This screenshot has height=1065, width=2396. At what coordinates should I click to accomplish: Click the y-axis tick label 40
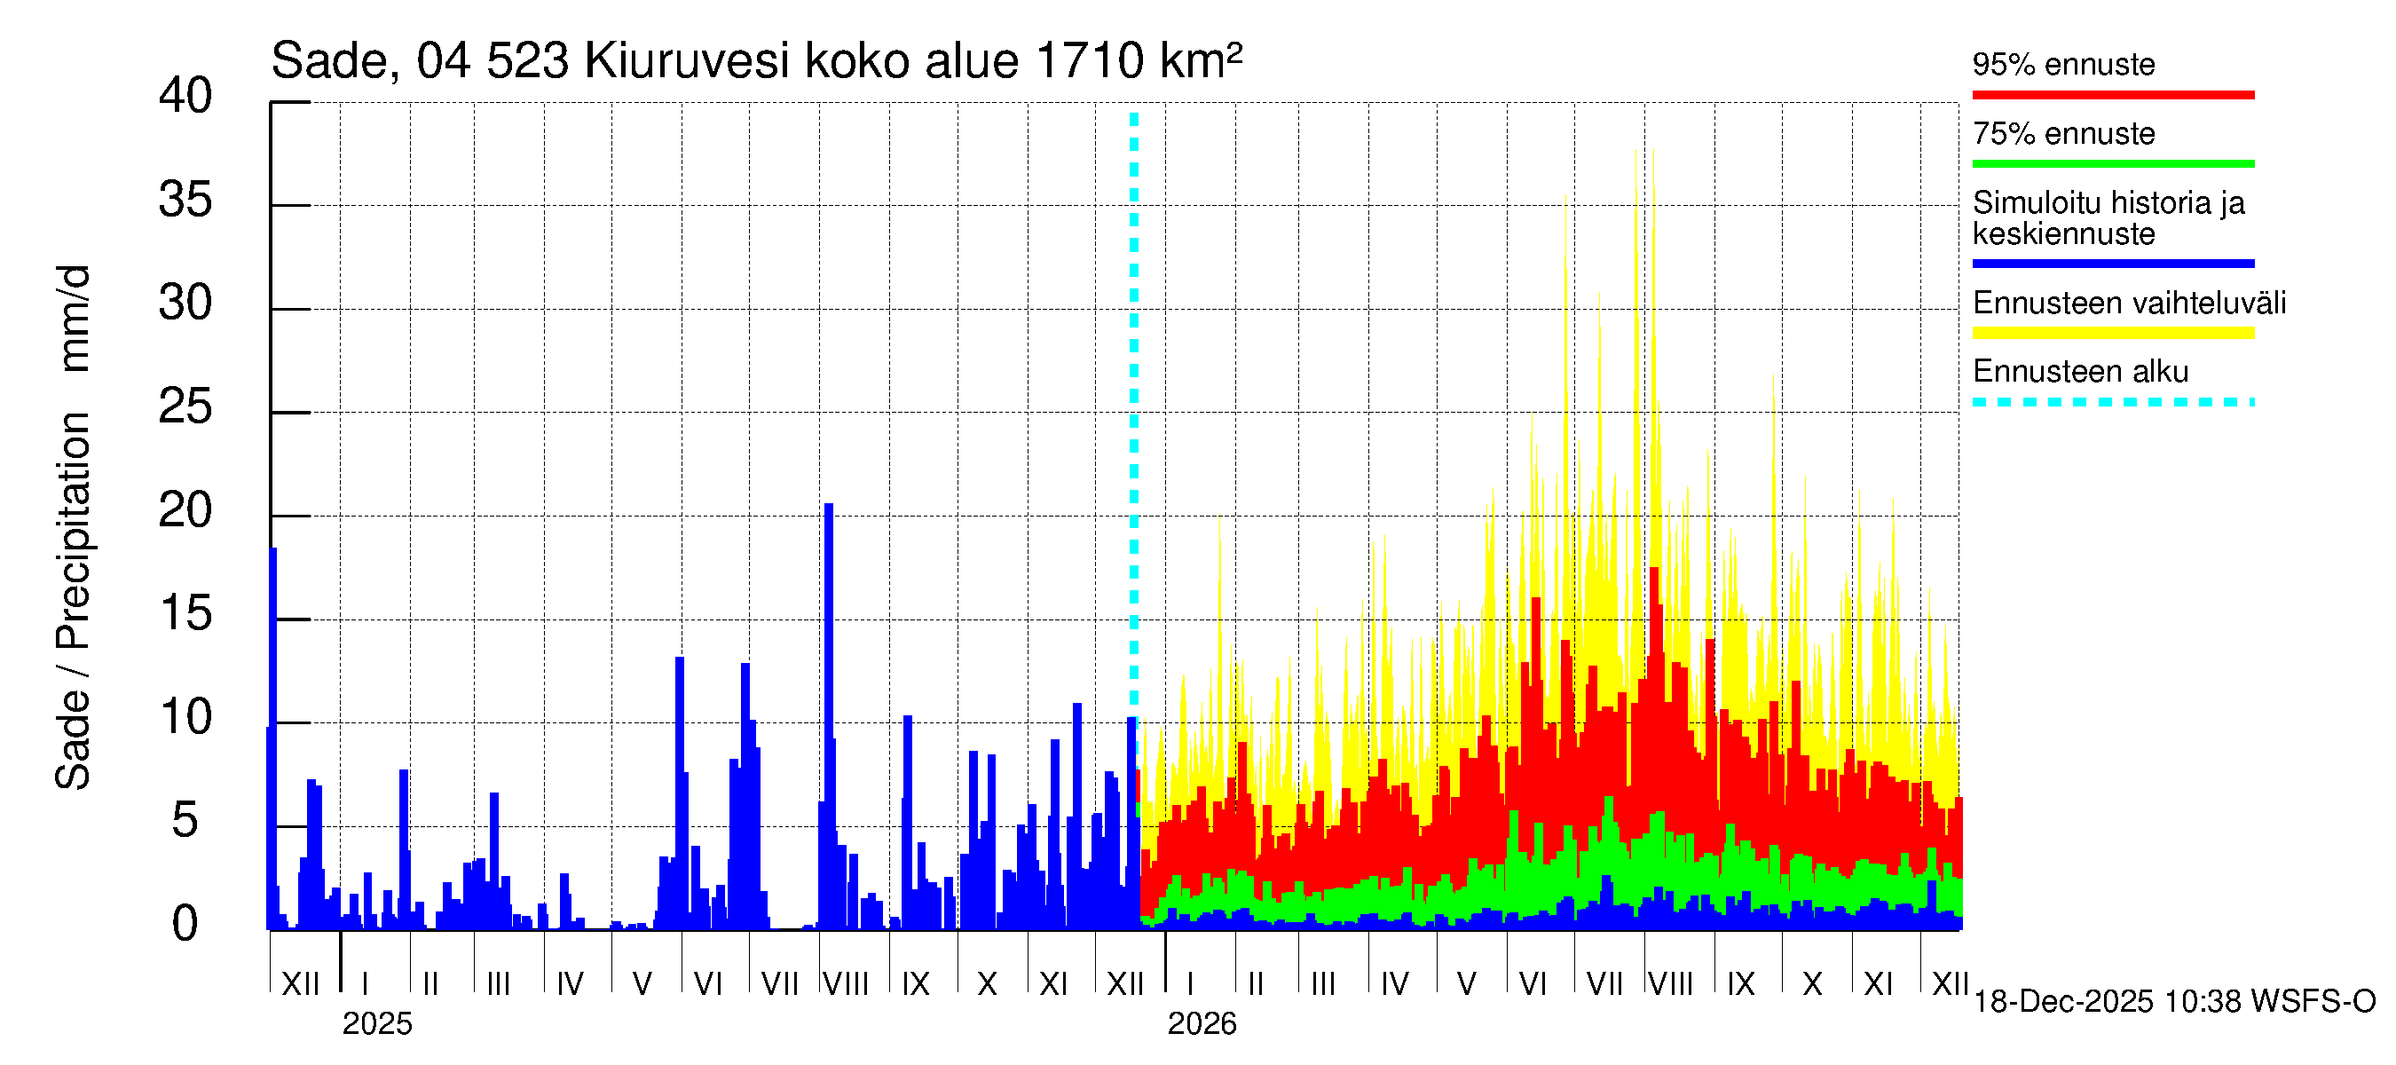tap(185, 96)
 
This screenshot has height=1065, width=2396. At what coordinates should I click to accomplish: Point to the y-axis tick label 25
tap(185, 406)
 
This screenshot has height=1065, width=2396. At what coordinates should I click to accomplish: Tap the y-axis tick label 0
tap(185, 924)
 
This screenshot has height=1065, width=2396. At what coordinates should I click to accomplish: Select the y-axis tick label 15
tap(185, 614)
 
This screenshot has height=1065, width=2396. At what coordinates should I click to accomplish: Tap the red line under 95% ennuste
tap(2112, 95)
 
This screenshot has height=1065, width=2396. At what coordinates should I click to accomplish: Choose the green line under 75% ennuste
tap(2112, 163)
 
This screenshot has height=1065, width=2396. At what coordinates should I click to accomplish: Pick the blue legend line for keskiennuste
tap(2112, 264)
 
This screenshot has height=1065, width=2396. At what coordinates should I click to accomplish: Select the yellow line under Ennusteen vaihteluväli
tap(2112, 333)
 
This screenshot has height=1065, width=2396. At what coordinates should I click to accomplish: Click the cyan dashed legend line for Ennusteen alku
tap(2112, 402)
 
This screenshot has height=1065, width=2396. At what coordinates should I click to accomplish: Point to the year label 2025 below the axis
tap(376, 1023)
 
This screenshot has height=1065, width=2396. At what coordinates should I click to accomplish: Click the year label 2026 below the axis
tap(1202, 1023)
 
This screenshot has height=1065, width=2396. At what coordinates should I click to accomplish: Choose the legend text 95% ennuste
tap(2063, 64)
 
